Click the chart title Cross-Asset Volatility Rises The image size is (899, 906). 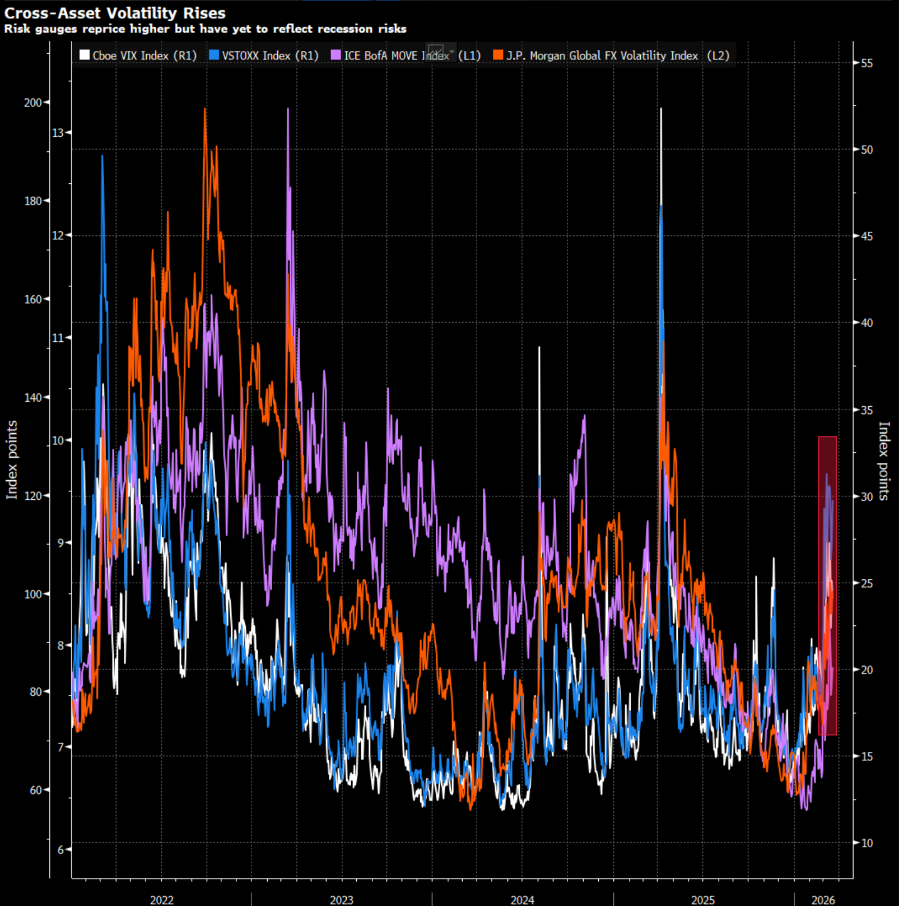click(x=114, y=13)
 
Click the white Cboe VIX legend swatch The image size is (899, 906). click(x=85, y=55)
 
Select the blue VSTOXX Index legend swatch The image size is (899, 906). click(x=213, y=55)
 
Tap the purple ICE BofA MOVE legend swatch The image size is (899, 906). click(x=336, y=55)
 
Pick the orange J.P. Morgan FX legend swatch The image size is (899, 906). click(x=498, y=55)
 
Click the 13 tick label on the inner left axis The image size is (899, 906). click(x=58, y=133)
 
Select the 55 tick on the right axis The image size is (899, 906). click(x=867, y=63)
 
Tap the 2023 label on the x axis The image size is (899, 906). click(x=341, y=899)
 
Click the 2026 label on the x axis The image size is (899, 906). click(x=823, y=899)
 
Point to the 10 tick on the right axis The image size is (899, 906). click(x=867, y=843)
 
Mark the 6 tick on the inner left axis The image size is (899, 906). click(x=60, y=849)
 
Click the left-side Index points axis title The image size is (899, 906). click(x=12, y=459)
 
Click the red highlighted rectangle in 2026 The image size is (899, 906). click(x=827, y=586)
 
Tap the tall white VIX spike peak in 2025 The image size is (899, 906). click(x=661, y=109)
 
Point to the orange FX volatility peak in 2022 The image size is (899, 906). click(x=205, y=109)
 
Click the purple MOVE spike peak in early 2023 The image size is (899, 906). click(x=288, y=109)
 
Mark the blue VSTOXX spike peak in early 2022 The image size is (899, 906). click(x=103, y=156)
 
